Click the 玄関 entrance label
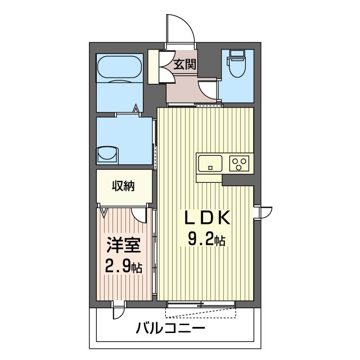pos(185,65)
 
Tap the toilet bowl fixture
pos(237,67)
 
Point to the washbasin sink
pos(107,155)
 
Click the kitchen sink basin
pos(210,163)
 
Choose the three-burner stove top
pos(239,163)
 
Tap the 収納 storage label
pos(123,186)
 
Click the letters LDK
pos(208,218)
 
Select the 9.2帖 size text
pos(206,238)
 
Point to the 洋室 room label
pos(123,246)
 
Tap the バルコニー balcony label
pos(170,328)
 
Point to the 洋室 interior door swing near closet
pos(139,215)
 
